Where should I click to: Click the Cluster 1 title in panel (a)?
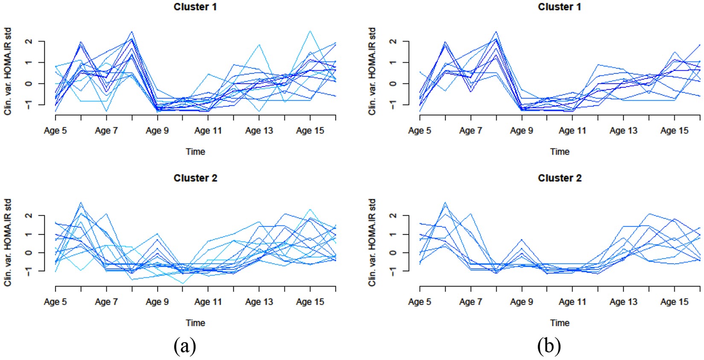coord(195,7)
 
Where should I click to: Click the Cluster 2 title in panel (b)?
coord(559,178)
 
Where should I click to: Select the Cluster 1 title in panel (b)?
coord(559,7)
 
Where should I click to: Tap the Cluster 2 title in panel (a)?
coord(195,178)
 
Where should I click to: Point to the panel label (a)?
coord(185,346)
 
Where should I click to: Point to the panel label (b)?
coord(549,346)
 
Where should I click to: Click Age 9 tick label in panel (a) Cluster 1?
coord(157,131)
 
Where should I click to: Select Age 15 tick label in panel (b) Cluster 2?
coord(674,302)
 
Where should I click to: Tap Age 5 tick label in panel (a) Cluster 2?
coord(55,302)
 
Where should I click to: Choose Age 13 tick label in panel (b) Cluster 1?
coord(623,131)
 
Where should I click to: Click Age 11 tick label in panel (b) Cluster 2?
coord(572,302)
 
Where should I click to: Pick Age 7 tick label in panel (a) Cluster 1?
coord(106,131)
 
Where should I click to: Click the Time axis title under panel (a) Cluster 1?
coord(195,151)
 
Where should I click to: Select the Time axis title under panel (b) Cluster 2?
coord(559,323)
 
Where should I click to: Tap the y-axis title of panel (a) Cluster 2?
coord(8,242)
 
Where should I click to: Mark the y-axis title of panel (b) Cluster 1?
coord(372,71)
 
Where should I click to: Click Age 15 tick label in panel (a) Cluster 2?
coord(310,302)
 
